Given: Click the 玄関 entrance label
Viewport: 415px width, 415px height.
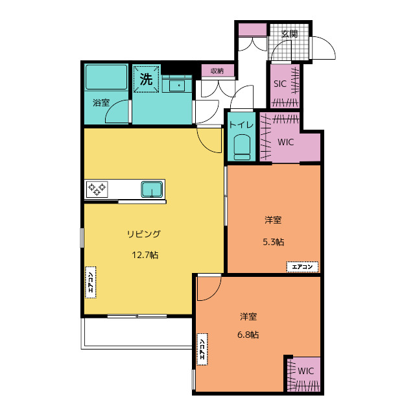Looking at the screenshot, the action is click(289, 34).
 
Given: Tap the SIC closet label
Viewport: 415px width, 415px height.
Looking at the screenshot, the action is click(280, 84).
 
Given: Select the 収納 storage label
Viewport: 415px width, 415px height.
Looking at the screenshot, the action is click(217, 71).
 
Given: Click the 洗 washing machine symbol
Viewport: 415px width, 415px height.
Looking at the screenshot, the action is click(146, 79).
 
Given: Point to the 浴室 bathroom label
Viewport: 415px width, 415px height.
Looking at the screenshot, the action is click(101, 102).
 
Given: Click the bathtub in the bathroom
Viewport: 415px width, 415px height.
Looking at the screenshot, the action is click(106, 77).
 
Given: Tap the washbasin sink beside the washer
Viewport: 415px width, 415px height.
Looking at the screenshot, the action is click(177, 85).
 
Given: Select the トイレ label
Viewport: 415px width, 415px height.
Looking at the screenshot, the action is click(241, 124).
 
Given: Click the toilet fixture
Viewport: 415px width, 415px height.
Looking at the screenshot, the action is click(242, 147).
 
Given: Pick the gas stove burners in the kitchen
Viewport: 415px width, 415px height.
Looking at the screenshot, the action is click(97, 189).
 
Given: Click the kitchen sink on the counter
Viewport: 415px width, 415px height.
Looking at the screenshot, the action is click(152, 189).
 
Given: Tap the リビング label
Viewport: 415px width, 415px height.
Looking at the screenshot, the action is click(144, 234).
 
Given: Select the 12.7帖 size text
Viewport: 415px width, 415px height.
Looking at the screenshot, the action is click(145, 255).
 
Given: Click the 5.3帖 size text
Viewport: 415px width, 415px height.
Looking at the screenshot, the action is click(274, 242).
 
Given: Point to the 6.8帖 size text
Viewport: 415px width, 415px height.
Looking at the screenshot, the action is click(248, 335).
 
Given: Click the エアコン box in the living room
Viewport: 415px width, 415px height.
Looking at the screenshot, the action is click(91, 283).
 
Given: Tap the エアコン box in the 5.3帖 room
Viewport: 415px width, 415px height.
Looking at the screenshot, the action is click(302, 267).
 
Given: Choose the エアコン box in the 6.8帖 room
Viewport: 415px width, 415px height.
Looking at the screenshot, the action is click(202, 350).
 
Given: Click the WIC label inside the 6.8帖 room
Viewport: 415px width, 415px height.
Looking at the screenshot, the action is click(305, 371).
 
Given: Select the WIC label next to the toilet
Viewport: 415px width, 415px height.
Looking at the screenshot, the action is click(285, 142).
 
